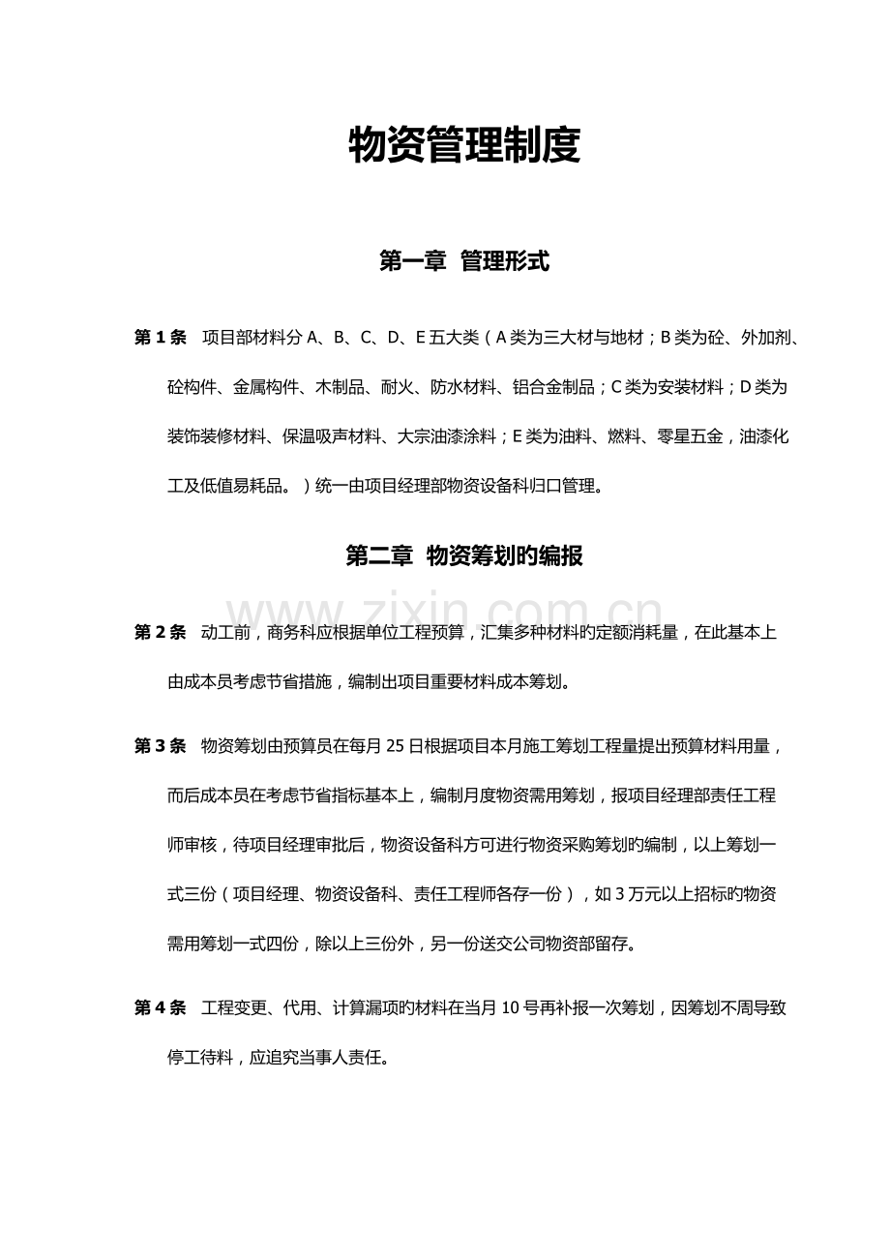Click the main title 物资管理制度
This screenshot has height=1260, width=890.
click(x=463, y=147)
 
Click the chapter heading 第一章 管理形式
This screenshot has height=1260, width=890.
click(x=463, y=261)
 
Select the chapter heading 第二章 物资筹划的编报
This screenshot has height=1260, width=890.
click(x=463, y=556)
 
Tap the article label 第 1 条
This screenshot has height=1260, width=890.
click(x=161, y=338)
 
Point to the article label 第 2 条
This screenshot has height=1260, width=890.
click(x=161, y=633)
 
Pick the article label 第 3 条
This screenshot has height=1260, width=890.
click(x=161, y=746)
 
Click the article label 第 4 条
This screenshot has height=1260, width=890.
click(x=161, y=1008)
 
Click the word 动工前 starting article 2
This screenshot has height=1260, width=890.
click(x=225, y=633)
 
